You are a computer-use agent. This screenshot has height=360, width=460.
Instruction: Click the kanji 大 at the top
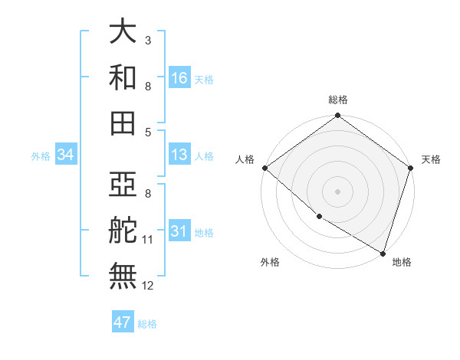123,32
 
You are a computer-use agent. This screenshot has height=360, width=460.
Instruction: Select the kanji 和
123,77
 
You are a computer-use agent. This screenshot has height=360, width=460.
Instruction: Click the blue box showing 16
179,78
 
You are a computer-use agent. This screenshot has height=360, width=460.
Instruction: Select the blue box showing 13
179,155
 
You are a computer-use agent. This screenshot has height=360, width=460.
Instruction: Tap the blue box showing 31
179,231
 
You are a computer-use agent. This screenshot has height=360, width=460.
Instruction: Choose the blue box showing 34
65,155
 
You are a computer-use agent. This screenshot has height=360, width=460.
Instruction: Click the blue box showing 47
123,322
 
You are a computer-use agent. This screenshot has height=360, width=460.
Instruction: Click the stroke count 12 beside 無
148,286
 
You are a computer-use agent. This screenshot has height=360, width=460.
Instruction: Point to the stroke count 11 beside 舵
148,241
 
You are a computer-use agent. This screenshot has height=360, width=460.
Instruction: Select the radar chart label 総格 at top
338,100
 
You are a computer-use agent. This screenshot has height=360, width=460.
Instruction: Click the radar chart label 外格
270,263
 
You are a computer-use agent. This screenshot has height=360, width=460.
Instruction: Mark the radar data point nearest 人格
264,168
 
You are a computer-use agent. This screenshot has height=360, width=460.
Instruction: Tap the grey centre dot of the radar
338,191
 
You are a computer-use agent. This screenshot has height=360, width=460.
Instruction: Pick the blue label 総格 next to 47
147,323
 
